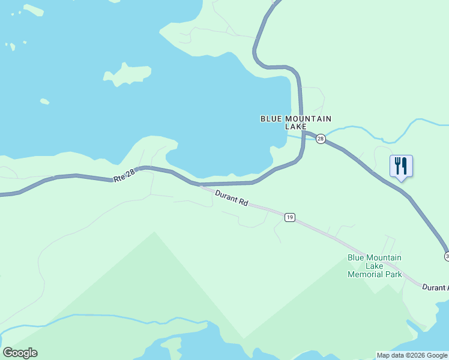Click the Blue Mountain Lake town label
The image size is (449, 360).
click(x=295, y=122)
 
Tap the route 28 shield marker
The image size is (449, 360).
click(x=321, y=139)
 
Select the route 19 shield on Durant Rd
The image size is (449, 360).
click(x=290, y=217)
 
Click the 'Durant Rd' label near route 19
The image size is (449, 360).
click(x=231, y=199)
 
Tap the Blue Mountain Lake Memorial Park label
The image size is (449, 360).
click(x=375, y=266)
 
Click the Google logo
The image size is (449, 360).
click(x=20, y=352)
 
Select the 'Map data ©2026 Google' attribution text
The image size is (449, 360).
click(x=412, y=355)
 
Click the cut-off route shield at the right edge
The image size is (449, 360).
click(x=447, y=256)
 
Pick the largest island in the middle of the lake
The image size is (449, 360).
click(x=128, y=74)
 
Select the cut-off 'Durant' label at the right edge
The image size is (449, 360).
click(x=435, y=287)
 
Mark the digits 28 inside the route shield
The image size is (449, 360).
click(x=321, y=139)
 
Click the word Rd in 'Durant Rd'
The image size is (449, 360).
click(x=243, y=203)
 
